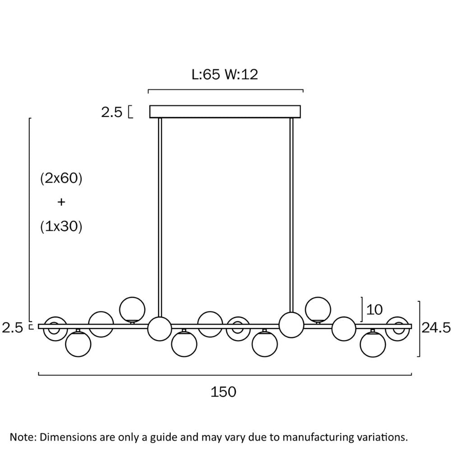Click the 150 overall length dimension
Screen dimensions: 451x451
point(224,392)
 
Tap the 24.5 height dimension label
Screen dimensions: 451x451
point(436,328)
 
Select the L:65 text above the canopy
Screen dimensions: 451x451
point(206,74)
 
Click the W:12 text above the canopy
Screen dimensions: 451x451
point(241,74)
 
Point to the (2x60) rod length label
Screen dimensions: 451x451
point(61,178)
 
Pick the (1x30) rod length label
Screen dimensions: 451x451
point(61,227)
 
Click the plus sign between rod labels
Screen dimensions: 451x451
point(61,202)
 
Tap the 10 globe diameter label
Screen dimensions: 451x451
point(374,310)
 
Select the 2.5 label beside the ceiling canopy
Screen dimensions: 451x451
point(111,112)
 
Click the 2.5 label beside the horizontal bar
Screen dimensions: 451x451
point(12,328)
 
